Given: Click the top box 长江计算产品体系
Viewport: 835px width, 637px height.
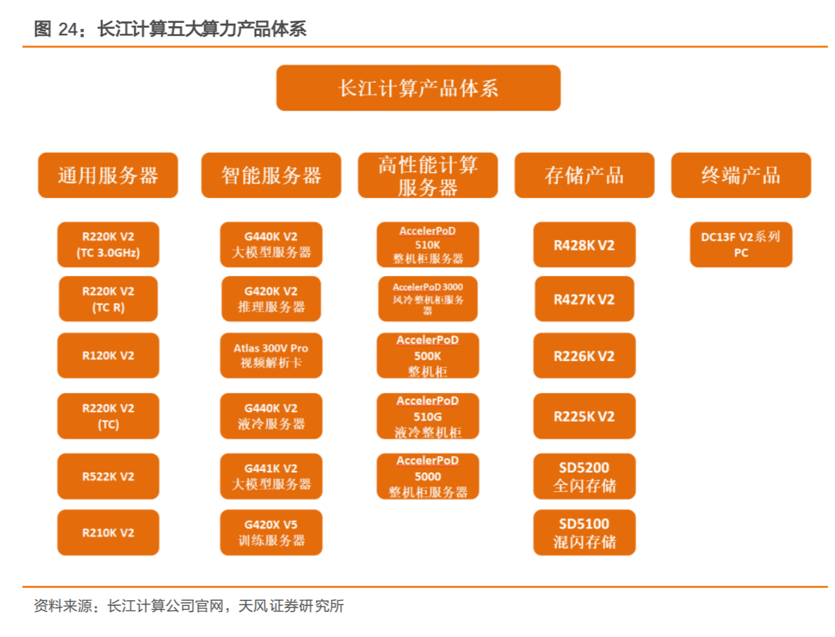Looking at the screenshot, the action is (x=418, y=88).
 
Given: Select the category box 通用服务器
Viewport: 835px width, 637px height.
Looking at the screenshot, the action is (x=108, y=175).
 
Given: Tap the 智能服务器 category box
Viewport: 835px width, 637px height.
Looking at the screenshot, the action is (x=271, y=175).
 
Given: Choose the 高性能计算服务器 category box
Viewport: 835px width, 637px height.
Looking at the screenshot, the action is (x=428, y=175).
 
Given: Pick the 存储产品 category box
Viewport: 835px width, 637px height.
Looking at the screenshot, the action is (x=584, y=175).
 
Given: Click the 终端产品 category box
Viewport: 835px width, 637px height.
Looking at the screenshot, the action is (x=741, y=175).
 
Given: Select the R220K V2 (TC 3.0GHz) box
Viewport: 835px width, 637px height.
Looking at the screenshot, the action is (x=108, y=245).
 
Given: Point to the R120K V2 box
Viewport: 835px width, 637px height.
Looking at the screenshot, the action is (x=108, y=356).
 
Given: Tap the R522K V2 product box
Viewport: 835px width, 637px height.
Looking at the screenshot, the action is (x=108, y=477).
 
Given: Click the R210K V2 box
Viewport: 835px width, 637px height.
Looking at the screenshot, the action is (x=108, y=533).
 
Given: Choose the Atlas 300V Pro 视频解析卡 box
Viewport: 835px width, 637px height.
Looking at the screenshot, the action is (x=271, y=356).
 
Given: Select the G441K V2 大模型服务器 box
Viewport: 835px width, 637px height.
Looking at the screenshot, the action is (x=271, y=477).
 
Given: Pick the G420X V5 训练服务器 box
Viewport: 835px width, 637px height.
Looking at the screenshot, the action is (x=271, y=533).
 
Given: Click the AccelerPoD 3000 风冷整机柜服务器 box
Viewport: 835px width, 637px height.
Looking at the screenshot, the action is (x=428, y=299).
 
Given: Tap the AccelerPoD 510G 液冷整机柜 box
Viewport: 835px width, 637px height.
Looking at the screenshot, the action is (x=428, y=416).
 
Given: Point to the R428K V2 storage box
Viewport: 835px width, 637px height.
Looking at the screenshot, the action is (x=584, y=245).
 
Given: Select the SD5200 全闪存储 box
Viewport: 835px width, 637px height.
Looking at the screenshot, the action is (x=584, y=477).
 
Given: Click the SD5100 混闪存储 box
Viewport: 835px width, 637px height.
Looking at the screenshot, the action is (x=584, y=533).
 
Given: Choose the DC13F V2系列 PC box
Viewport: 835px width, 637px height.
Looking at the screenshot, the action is (x=741, y=245).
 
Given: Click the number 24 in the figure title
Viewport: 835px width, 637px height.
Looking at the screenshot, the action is (x=69, y=29).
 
